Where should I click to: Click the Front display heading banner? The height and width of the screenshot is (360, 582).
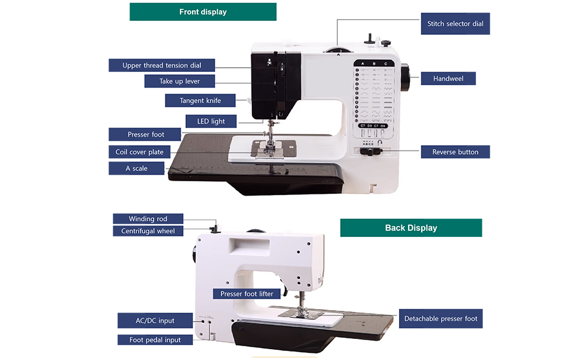point(203,12)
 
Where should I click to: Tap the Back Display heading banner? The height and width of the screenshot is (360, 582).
point(411,228)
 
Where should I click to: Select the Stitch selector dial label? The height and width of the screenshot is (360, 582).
point(455,24)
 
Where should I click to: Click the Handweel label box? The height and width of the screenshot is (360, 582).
point(448,79)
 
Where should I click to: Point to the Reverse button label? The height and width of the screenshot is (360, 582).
point(455,152)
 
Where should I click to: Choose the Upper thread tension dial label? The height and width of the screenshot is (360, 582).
point(161,65)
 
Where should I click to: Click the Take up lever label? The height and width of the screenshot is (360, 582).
point(179,81)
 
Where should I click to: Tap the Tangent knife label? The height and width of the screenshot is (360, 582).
point(200,101)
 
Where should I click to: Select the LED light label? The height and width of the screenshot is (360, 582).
point(211,121)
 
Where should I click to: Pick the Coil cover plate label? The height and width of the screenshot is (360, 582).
point(139,152)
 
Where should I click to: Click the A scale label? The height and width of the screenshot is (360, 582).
point(136,169)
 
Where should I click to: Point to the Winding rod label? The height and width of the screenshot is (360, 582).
point(148,219)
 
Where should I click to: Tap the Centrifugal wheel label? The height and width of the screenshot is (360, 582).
point(148,231)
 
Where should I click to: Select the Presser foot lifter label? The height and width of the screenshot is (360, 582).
point(247,294)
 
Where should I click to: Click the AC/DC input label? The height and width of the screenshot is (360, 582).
point(154,321)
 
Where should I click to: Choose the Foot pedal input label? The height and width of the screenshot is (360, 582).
point(155,340)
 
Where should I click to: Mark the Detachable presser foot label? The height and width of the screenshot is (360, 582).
point(440,319)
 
